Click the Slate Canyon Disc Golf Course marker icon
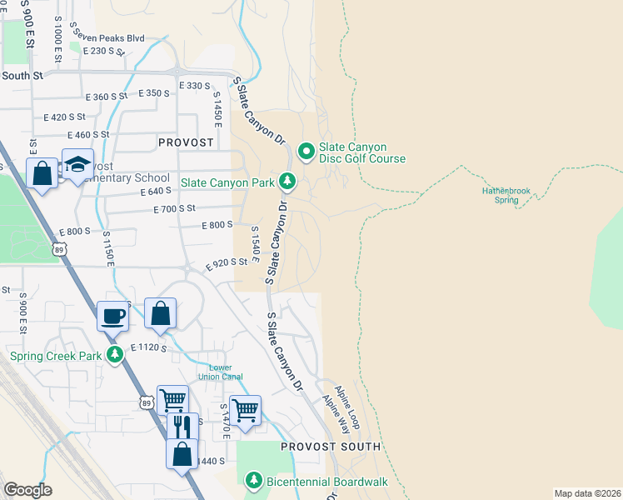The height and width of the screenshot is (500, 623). point(306,151)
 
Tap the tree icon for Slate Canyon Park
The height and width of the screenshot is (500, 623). point(287,180)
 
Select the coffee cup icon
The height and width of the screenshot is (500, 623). point(113,316)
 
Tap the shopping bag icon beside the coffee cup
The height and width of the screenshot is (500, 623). point(161,313)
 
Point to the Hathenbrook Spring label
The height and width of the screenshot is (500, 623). point(506,195)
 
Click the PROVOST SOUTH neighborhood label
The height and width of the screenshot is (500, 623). point(330,447)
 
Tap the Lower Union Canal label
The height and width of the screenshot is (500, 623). point(221,372)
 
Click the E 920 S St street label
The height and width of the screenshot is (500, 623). point(227,262)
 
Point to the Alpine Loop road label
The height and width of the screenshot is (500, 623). point(346,407)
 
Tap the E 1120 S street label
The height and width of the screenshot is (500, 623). point(150,347)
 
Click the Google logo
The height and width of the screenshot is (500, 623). point(27,489)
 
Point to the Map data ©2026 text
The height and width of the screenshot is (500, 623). point(587,493)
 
